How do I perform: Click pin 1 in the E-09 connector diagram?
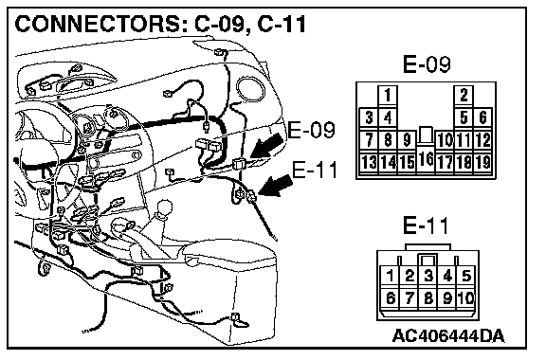point(388,95)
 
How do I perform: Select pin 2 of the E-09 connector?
point(464,95)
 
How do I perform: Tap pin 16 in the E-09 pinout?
point(426,159)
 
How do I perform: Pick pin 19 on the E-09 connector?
point(482,162)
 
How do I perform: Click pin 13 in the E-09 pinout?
point(369,162)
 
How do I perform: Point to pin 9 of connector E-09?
point(407,140)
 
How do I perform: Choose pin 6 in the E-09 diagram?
point(482,117)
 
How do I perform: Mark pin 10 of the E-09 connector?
point(445,140)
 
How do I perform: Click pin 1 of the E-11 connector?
point(390,276)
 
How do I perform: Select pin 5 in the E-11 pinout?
point(466,276)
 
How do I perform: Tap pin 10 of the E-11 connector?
point(466,298)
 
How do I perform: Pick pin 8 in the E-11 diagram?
point(428,298)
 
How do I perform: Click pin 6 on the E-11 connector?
point(390,298)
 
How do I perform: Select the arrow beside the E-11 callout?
point(276,186)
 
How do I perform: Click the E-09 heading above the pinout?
point(427,64)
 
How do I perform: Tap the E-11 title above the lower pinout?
point(426,225)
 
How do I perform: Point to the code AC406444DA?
point(448,336)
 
